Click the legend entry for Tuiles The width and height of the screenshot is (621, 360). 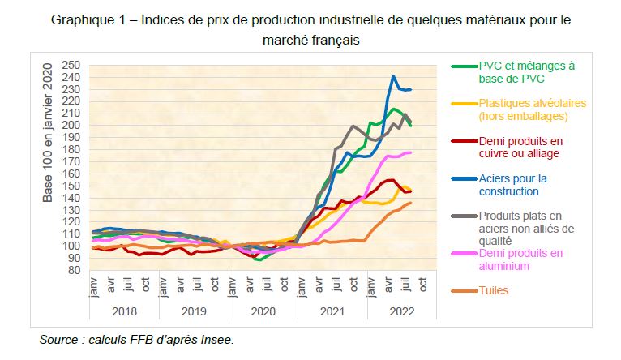pyautogui.click(x=495, y=289)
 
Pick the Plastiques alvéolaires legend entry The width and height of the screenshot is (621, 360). pyautogui.click(x=520, y=109)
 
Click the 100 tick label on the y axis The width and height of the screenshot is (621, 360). pyautogui.click(x=72, y=246)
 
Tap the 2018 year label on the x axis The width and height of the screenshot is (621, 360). pyautogui.click(x=125, y=310)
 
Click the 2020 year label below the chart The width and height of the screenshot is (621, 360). pyautogui.click(x=263, y=310)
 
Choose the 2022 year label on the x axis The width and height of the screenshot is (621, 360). pyautogui.click(x=402, y=310)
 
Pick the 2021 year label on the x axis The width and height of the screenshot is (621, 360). pyautogui.click(x=332, y=310)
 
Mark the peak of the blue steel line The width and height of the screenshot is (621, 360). pyautogui.click(x=393, y=77)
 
